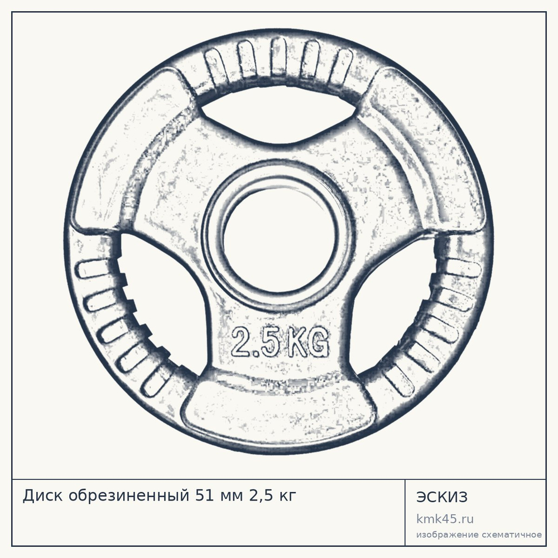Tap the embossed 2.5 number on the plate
(256, 342)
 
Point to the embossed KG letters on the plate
(307, 342)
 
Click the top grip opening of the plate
(278, 114)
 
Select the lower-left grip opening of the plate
(160, 302)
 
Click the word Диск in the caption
(44, 496)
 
